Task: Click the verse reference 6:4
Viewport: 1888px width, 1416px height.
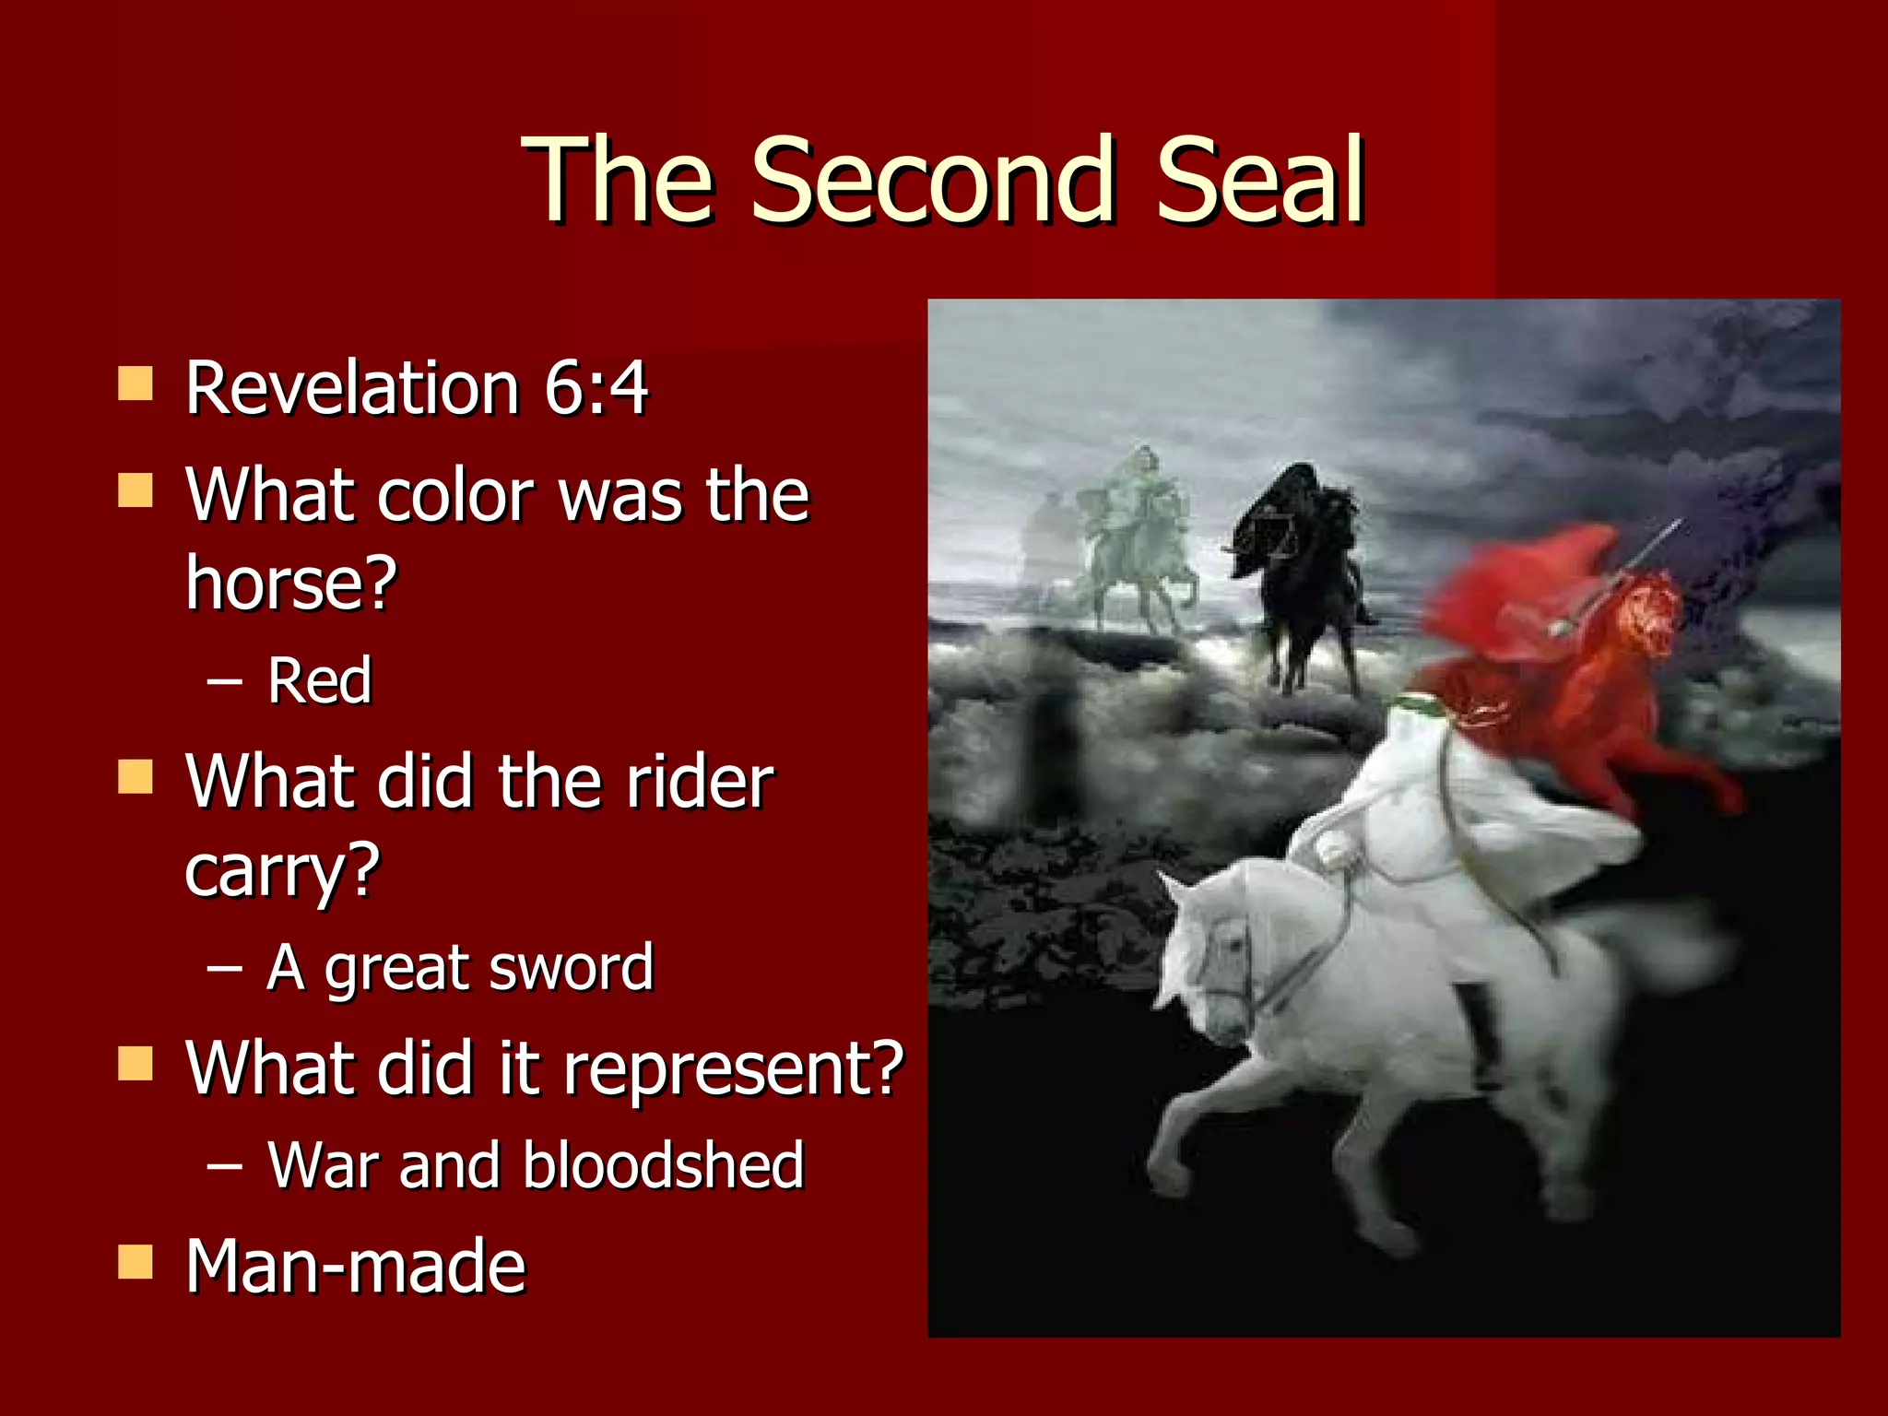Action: point(596,387)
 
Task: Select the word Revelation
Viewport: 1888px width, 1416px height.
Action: point(352,387)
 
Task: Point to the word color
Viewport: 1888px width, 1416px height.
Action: point(454,495)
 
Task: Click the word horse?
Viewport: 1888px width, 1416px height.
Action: point(291,583)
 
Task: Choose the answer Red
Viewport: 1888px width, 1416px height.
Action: point(319,681)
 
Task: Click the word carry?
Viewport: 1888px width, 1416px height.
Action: point(282,871)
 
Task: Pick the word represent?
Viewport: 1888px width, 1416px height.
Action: point(733,1068)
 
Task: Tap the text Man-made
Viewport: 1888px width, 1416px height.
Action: point(355,1267)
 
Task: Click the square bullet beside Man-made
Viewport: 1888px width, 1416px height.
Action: point(136,1262)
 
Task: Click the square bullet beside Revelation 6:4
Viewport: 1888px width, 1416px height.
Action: point(136,383)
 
